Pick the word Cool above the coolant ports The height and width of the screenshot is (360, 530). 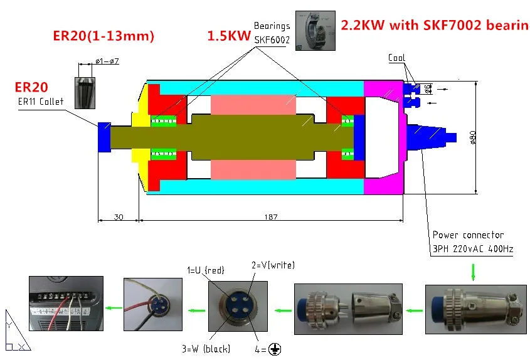pos(396,58)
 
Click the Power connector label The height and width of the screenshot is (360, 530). pos(468,235)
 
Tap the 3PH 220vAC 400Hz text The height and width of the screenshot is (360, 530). pos(473,249)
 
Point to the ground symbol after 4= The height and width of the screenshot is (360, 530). pos(273,349)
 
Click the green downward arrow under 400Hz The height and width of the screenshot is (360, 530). pos(473,272)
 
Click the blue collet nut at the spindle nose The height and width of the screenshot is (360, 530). pos(104,136)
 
